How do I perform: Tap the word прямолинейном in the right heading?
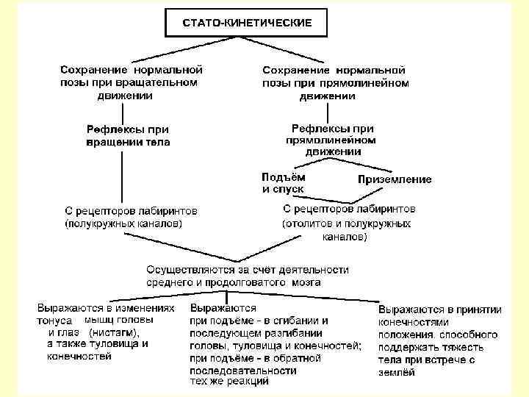(x=373, y=83)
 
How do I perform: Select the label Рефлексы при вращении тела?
(x=129, y=135)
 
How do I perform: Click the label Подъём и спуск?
(x=284, y=183)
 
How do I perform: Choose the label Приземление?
(x=394, y=179)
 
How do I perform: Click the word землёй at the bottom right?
(x=397, y=372)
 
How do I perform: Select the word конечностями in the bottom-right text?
(x=412, y=322)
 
